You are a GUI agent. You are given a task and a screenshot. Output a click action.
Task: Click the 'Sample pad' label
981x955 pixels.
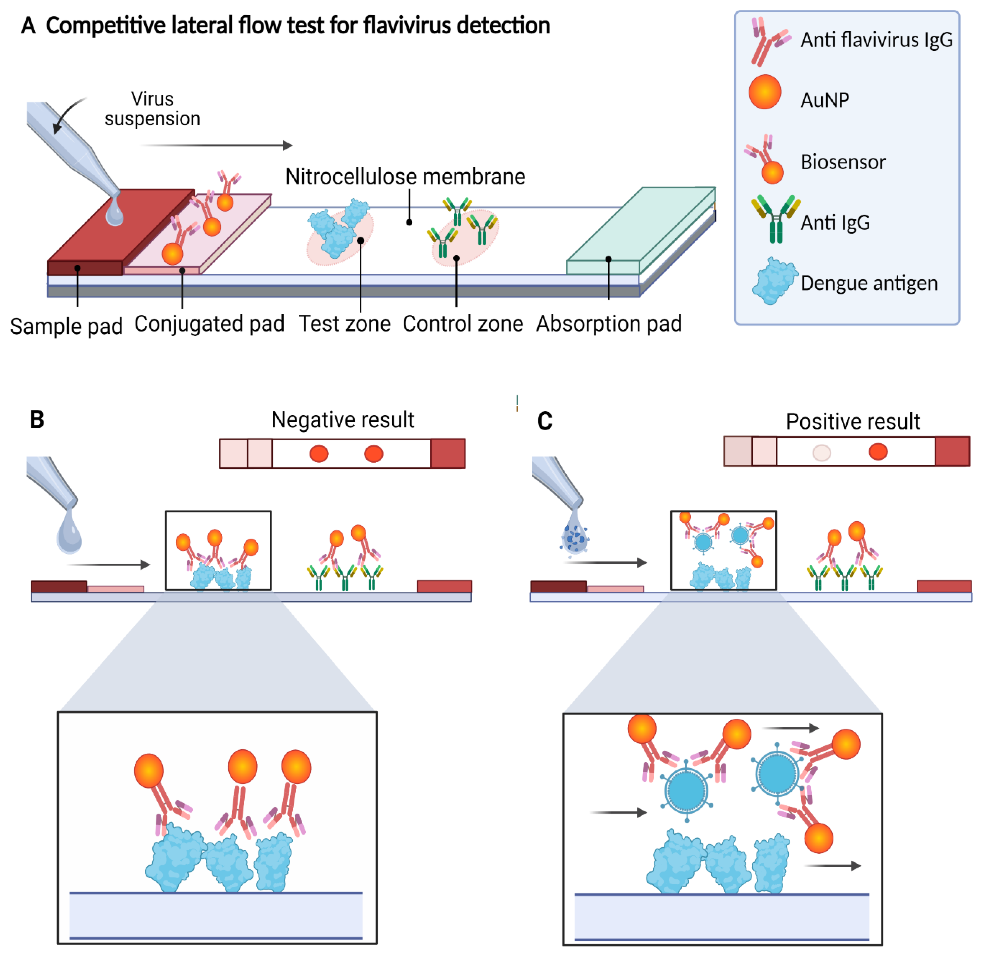click(x=66, y=326)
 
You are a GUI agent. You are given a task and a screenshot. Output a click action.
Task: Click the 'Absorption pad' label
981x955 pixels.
click(x=609, y=324)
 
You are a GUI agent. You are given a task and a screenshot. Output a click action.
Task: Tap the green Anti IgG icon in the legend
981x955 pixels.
click(x=775, y=219)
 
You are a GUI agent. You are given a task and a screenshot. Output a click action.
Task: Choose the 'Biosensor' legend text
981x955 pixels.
click(x=843, y=162)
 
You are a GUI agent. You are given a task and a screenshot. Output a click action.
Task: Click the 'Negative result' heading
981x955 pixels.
click(x=343, y=420)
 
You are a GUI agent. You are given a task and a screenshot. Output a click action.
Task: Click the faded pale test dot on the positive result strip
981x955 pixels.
click(x=821, y=453)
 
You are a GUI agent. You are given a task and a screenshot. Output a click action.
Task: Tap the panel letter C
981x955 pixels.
click(x=545, y=421)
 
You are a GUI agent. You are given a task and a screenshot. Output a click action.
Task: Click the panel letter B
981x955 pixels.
click(x=37, y=420)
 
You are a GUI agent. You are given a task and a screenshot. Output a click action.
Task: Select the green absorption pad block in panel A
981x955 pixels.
click(x=641, y=231)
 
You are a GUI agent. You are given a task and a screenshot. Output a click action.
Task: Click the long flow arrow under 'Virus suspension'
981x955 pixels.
click(x=217, y=146)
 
